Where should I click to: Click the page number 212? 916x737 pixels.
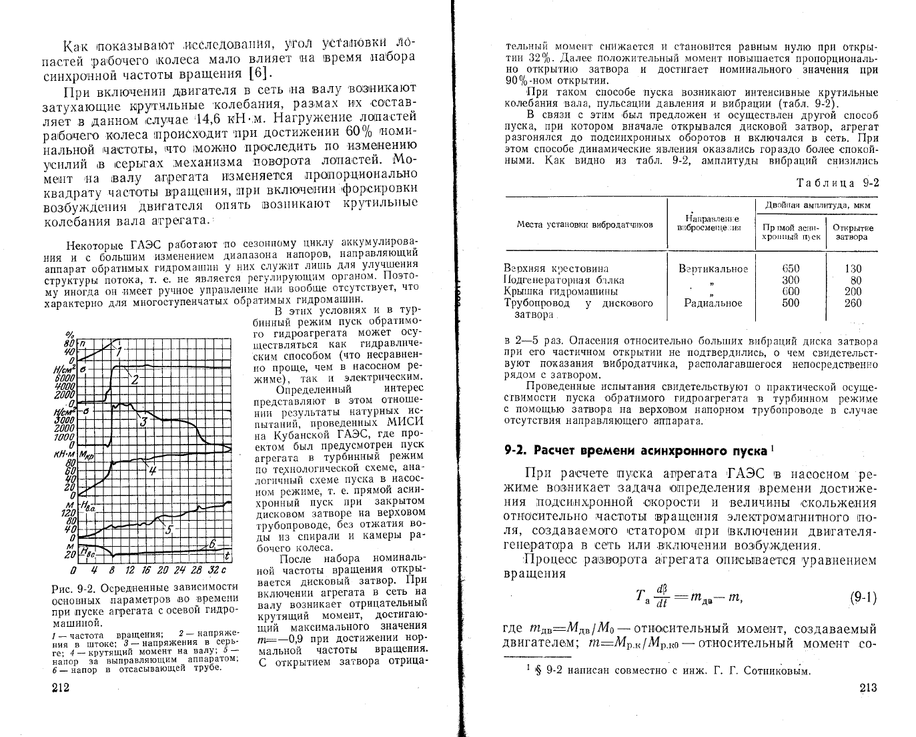pos(61,688)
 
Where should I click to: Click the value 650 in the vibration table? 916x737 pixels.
pos(791,269)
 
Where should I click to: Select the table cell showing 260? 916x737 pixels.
pos(852,303)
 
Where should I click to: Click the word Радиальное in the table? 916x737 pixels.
pos(713,303)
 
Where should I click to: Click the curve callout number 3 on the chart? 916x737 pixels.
pos(143,421)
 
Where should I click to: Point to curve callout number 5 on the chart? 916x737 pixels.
pos(168,529)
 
